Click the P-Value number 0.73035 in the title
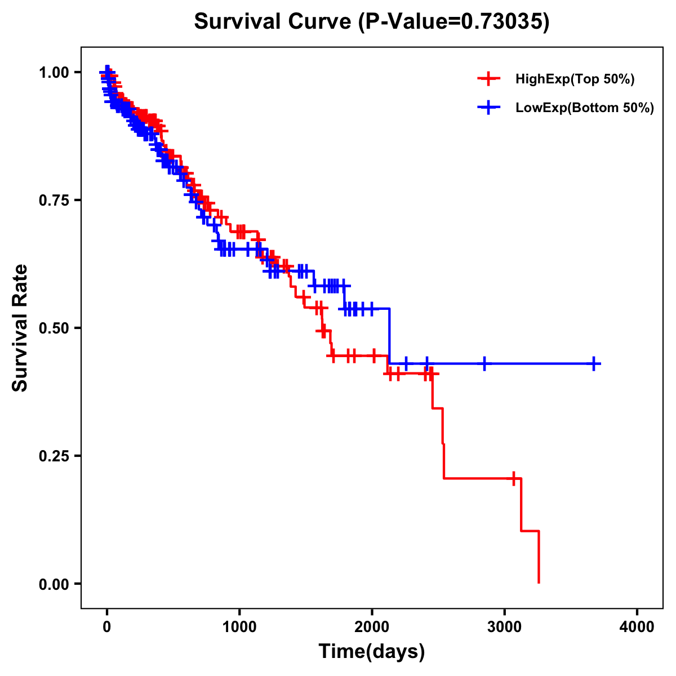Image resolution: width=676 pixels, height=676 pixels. pos(502,21)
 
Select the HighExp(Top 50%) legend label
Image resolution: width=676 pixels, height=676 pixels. pos(575,79)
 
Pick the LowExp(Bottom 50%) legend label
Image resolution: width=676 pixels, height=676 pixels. pos(585,108)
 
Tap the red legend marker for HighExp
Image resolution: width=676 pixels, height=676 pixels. pos(488,79)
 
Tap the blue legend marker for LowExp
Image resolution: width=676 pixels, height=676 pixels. pos(488,108)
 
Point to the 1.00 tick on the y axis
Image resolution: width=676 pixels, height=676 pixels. pos(54,73)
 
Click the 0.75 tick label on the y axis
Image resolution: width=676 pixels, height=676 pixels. pos(54,201)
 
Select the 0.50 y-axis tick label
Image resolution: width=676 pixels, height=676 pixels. pos(54,328)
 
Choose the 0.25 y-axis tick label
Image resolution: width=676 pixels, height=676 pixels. pos(54,456)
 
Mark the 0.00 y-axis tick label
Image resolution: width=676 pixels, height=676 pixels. pos(54,584)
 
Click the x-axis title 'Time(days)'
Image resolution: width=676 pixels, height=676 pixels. pos(372,652)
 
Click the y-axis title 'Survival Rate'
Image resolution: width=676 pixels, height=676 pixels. pos(20,328)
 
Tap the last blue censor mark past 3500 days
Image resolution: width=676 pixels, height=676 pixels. pos(594,363)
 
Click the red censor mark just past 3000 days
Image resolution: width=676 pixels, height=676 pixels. pos(513,478)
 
